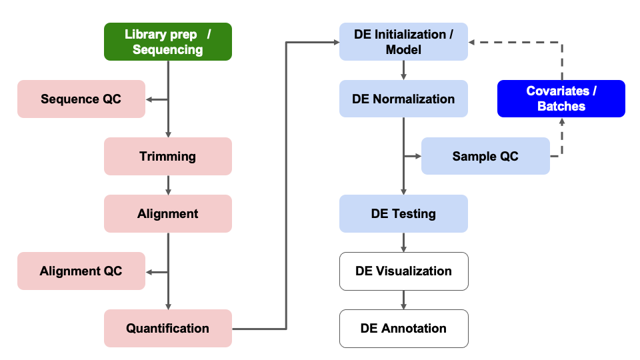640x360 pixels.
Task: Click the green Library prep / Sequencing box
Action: [x=167, y=41]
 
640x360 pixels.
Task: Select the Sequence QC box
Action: [x=81, y=99]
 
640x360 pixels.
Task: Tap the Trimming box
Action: [x=167, y=157]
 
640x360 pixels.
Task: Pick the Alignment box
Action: [x=167, y=214]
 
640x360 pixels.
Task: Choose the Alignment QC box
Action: [x=81, y=271]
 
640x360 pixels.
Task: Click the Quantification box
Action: [x=167, y=329]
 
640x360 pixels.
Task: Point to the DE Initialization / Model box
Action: [x=403, y=41]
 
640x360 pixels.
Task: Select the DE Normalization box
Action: [x=403, y=99]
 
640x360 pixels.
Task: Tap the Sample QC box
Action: [x=485, y=157]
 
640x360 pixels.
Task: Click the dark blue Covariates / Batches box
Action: [x=561, y=99]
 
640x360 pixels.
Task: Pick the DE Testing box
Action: [x=403, y=214]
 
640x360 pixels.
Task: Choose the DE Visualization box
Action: [x=403, y=271]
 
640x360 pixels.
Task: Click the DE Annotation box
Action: [x=403, y=329]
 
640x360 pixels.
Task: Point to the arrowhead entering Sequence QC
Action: [x=149, y=99]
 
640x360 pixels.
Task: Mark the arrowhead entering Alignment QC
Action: [x=149, y=271]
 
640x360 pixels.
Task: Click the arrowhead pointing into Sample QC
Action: [x=418, y=157]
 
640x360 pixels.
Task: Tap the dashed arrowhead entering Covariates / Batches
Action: [x=561, y=121]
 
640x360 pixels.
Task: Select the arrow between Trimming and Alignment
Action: [x=168, y=185]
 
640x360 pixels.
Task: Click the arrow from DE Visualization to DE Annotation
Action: [x=403, y=299]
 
